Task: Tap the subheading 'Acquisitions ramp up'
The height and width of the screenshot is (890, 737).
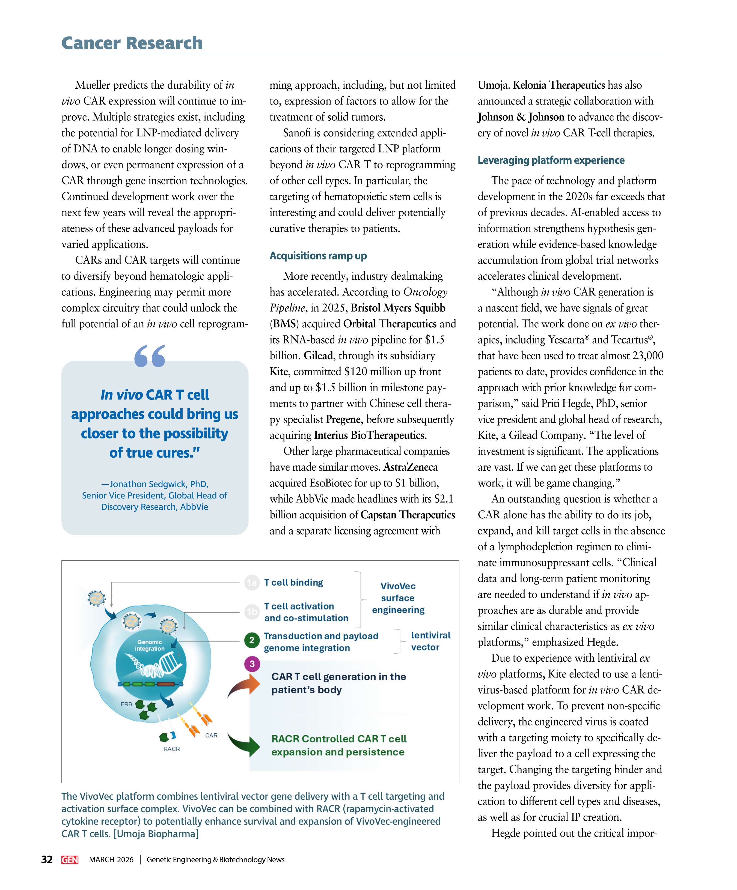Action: pyautogui.click(x=318, y=256)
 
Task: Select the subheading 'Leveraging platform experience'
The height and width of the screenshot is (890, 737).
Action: pyautogui.click(x=551, y=160)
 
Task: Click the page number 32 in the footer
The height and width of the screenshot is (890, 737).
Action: pyautogui.click(x=47, y=859)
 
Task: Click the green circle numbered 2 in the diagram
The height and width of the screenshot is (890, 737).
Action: pyautogui.click(x=251, y=640)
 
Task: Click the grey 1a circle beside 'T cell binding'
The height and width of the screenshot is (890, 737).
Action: pyautogui.click(x=251, y=583)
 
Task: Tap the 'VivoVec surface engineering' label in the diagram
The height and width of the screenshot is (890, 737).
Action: pyautogui.click(x=398, y=598)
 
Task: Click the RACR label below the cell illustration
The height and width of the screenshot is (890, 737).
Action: pyautogui.click(x=172, y=749)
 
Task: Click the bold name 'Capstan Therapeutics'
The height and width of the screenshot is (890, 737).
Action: pyautogui.click(x=408, y=515)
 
